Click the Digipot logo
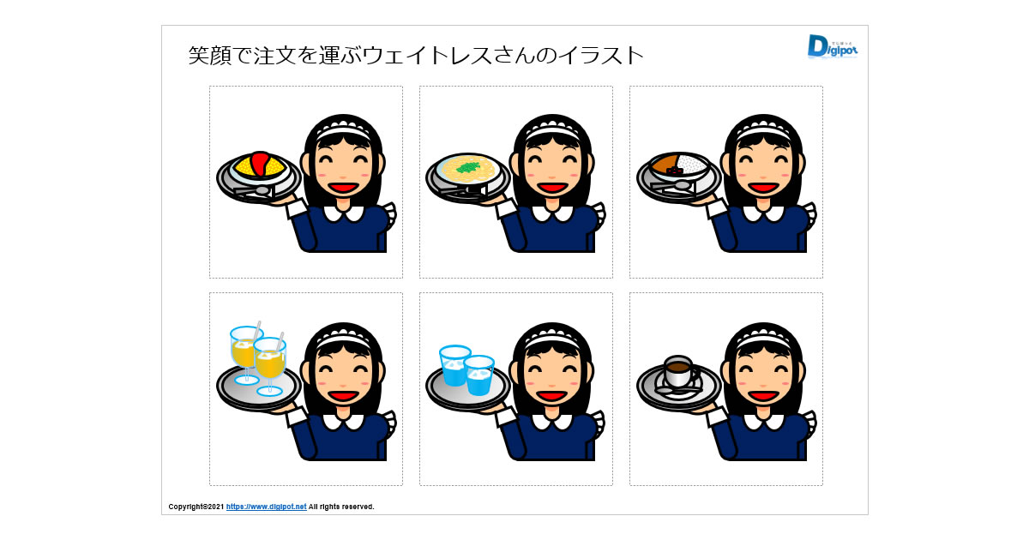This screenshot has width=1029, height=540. pyautogui.click(x=832, y=47)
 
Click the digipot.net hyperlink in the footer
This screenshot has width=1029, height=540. pyautogui.click(x=266, y=507)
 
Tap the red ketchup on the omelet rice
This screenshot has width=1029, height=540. pyautogui.click(x=260, y=163)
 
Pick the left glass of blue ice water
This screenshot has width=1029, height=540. pyautogui.click(x=454, y=365)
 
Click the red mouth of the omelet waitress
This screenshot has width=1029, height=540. pyautogui.click(x=343, y=188)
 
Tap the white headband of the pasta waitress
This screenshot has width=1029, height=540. pyautogui.click(x=552, y=131)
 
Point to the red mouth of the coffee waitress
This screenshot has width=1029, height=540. pyautogui.click(x=763, y=395)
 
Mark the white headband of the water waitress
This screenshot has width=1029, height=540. pyautogui.click(x=552, y=339)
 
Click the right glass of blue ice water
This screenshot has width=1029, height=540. pyautogui.click(x=478, y=375)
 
